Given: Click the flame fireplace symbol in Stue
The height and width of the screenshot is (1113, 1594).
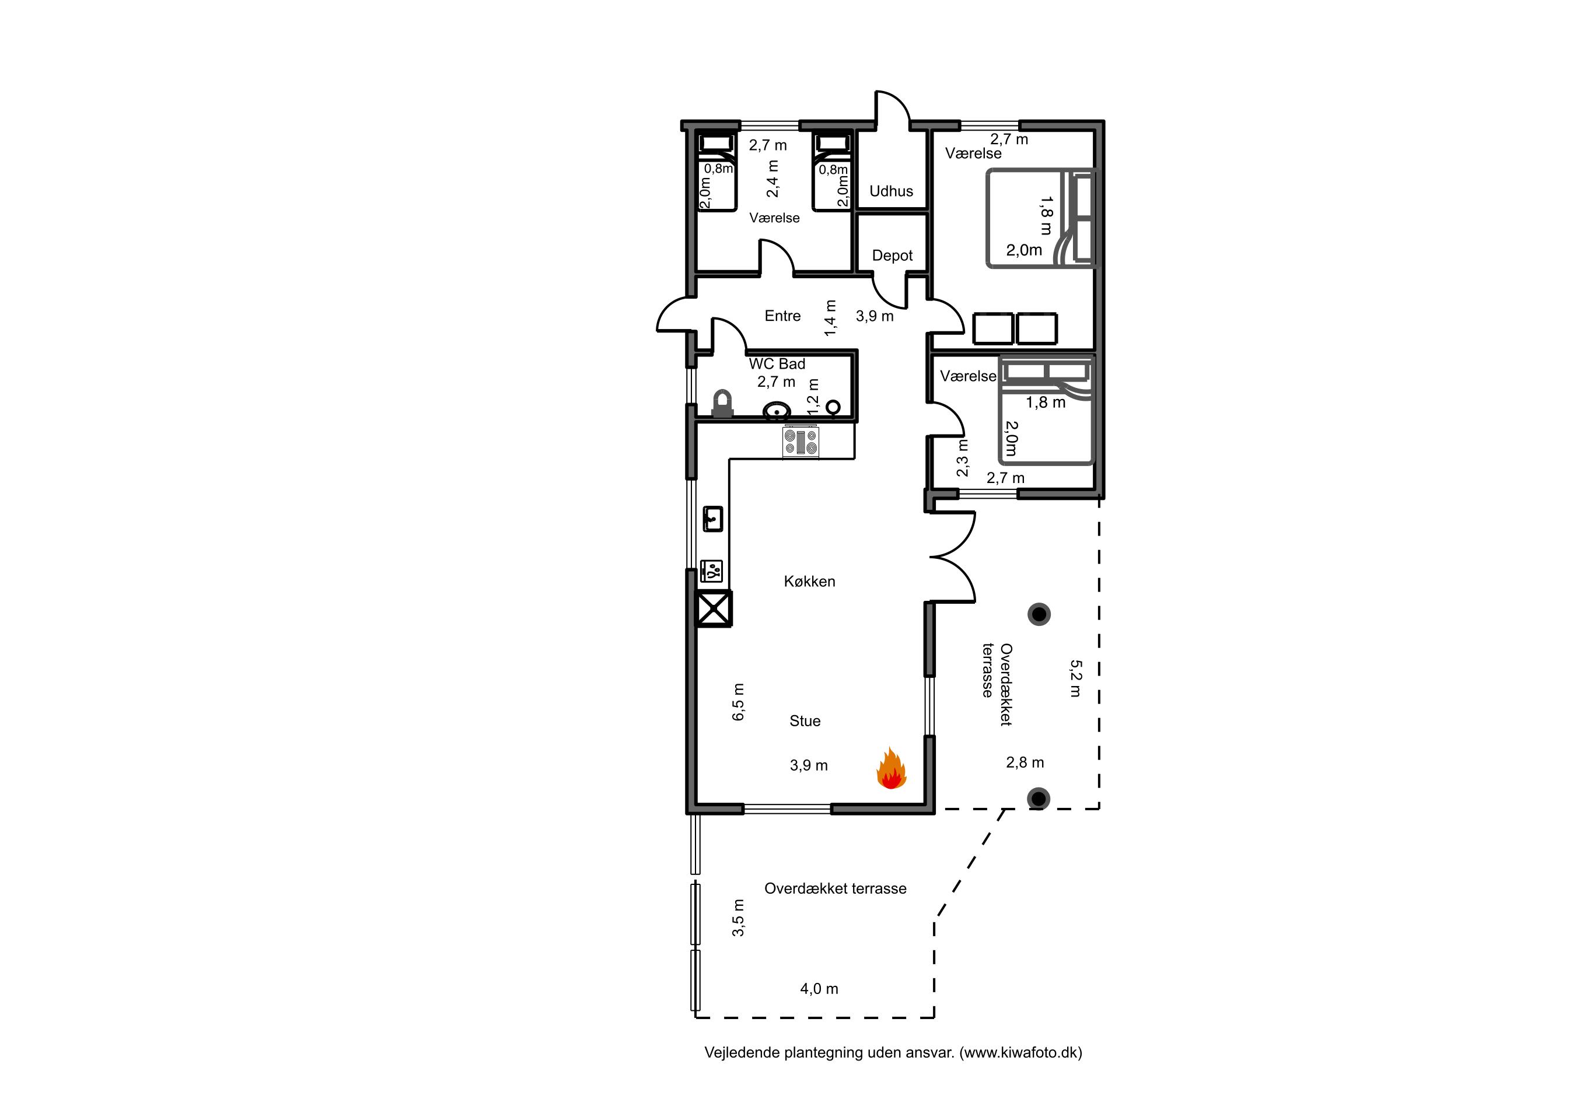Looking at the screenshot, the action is [891, 769].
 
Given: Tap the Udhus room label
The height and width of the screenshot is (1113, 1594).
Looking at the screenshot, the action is [891, 191].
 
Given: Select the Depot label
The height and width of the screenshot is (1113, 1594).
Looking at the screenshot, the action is [892, 256].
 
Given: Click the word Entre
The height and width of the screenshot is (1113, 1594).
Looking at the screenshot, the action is [782, 316].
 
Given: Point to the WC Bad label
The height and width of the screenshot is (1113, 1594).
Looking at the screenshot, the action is [777, 363].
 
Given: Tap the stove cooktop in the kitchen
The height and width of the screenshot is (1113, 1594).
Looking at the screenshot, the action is [801, 442].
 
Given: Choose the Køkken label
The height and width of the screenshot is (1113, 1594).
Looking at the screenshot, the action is [809, 582].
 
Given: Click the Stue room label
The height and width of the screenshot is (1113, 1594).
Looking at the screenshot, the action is [805, 721].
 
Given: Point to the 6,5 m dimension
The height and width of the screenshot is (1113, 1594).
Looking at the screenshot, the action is [738, 702].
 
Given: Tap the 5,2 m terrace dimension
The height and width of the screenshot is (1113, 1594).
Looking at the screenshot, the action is [1075, 678].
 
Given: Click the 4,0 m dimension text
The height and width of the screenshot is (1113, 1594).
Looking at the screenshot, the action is [819, 989].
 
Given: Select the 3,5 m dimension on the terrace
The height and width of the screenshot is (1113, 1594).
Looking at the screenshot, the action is [738, 918].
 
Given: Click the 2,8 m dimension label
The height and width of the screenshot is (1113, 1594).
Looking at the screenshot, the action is [1025, 762].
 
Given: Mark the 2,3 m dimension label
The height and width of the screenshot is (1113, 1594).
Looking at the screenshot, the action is [962, 458].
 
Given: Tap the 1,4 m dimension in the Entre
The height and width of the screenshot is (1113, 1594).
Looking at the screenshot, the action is [830, 318].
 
